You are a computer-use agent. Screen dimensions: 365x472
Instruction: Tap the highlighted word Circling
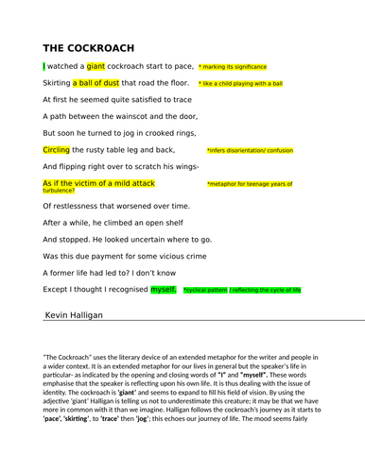tap(57, 150)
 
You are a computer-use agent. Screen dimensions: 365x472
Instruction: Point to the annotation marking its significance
tap(233, 67)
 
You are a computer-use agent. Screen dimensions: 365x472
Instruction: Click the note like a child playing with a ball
tap(240, 84)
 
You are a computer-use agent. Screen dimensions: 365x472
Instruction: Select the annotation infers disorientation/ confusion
tap(250, 151)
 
